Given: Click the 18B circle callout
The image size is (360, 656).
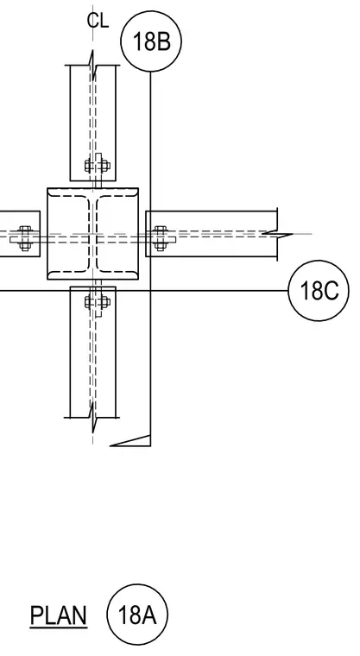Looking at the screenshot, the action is (x=151, y=41).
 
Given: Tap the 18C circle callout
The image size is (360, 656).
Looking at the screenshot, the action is (x=319, y=290).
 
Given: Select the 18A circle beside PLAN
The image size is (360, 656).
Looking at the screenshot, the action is (x=137, y=615).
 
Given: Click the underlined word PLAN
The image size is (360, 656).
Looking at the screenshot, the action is (x=59, y=615).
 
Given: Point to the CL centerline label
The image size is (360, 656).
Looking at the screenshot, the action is (x=98, y=21).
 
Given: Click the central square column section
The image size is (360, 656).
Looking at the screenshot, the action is (x=93, y=234).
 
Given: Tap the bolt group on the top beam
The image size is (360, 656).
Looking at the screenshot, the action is (x=97, y=166).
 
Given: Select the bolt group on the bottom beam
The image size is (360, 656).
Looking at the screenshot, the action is (x=97, y=301).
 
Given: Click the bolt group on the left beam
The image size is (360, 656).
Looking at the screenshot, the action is (x=25, y=238).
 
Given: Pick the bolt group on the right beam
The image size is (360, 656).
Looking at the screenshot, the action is (x=161, y=238).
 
